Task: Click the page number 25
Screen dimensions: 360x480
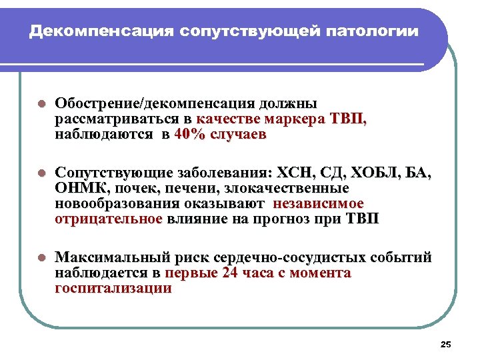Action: (x=446, y=344)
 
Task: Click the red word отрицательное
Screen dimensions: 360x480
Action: (x=109, y=218)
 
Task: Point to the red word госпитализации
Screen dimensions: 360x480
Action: (x=113, y=288)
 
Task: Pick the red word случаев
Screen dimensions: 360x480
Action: (x=239, y=134)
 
